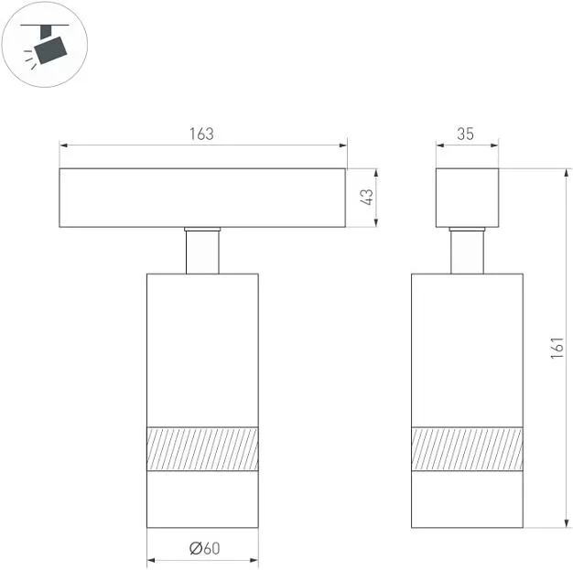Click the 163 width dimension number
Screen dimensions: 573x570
(201, 134)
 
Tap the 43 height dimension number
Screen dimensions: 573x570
(367, 197)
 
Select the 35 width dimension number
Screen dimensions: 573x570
(465, 134)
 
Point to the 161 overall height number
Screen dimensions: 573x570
(557, 348)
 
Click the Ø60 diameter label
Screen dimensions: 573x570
(205, 548)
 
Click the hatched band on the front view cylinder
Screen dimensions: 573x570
(202, 448)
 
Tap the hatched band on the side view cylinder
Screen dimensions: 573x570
(467, 448)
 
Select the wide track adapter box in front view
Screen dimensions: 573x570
(202, 198)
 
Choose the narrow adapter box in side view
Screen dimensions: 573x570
(467, 198)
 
